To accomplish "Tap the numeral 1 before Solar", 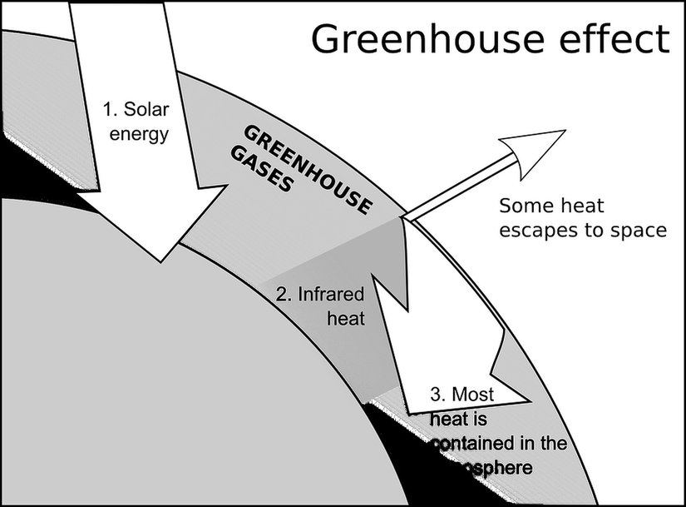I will tap(107, 109).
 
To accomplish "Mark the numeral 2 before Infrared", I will tap(281, 294).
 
